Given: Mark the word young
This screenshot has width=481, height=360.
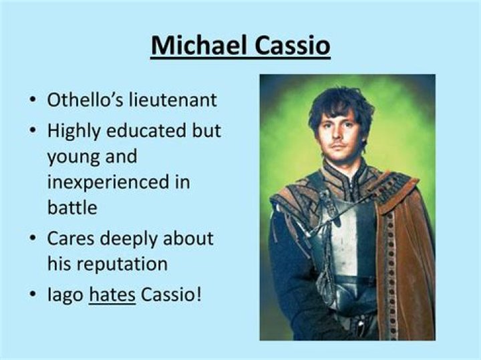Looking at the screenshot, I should (75, 158).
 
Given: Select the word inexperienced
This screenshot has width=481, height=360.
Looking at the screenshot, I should (110, 182).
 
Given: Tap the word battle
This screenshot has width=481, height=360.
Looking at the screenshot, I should (71, 207).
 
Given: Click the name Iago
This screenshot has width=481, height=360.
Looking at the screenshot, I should (65, 295).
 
